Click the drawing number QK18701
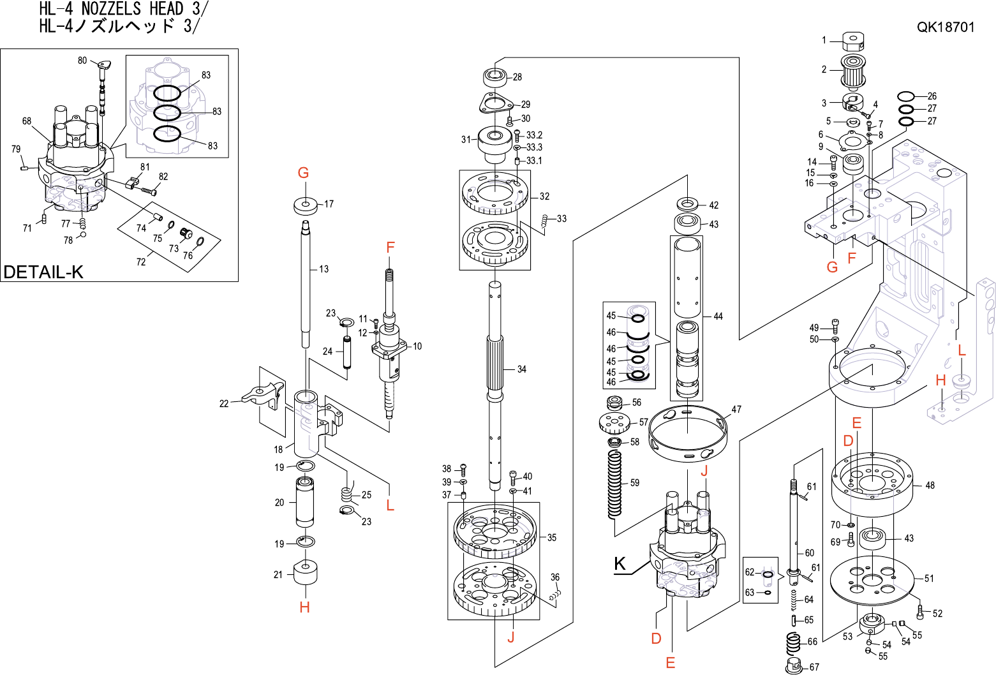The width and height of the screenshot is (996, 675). (946, 27)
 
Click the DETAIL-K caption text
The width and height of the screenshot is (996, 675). (43, 272)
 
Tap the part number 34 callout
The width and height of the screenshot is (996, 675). (522, 369)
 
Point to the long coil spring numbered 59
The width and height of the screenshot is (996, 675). (614, 485)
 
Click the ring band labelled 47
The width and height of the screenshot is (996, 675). (687, 434)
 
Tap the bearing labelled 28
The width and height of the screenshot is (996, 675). (495, 77)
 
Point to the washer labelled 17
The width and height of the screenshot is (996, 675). (305, 205)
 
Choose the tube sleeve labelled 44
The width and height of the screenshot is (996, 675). (687, 278)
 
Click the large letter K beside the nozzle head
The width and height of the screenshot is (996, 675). (620, 563)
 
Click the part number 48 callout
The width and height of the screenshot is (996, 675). (930, 486)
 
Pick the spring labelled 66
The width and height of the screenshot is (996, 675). (793, 644)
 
